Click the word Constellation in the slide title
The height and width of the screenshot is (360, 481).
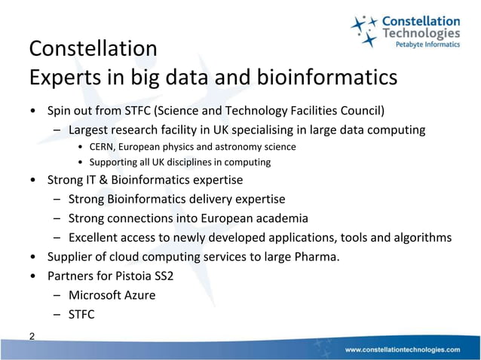(x=93, y=49)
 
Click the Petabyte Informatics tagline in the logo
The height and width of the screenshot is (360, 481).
(x=427, y=45)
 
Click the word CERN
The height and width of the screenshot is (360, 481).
(x=103, y=146)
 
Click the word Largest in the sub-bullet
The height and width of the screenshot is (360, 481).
(x=90, y=130)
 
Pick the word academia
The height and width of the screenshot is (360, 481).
(x=280, y=218)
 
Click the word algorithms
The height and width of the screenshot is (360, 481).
(x=423, y=238)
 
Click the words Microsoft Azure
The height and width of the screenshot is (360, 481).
(x=112, y=294)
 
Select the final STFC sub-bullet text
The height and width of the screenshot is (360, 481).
(x=81, y=314)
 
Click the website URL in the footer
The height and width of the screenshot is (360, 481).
(x=402, y=350)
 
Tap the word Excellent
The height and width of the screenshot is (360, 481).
(x=96, y=238)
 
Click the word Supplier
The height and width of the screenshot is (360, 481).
(x=71, y=257)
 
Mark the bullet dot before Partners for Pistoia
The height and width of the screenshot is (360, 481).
(x=32, y=276)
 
